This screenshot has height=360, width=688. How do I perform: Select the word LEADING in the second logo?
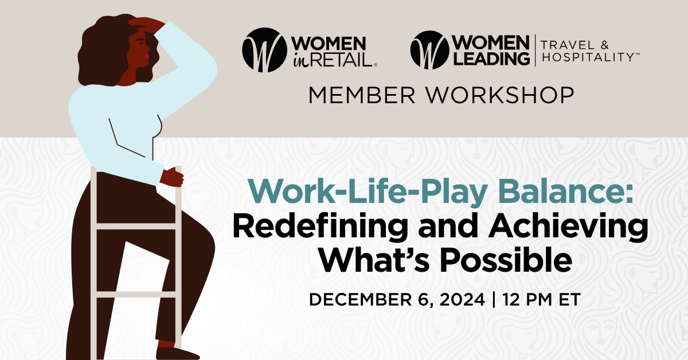coord(490,58)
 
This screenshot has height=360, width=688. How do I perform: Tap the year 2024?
coord(457,300)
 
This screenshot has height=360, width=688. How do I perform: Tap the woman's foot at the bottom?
coord(172,351)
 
